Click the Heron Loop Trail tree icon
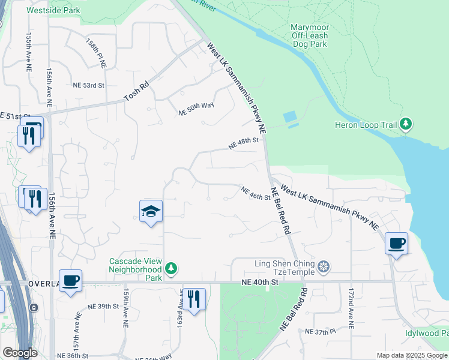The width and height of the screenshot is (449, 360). pos(406,125)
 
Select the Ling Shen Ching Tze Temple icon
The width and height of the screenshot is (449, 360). pos(324,266)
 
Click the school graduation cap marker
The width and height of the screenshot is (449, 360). pos(151,211)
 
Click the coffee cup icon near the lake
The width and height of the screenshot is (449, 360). pos(396,244)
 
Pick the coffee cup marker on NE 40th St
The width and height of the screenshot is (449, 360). pos(71,280)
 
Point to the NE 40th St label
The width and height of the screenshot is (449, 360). pos(261,281)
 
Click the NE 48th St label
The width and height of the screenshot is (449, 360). pos(243,144)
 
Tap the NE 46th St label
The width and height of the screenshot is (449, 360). pos(256,194)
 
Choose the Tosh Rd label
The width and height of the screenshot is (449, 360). pos(136,92)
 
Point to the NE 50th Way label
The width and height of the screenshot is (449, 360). pos(196,110)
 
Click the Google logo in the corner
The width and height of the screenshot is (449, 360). pos(20,353)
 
